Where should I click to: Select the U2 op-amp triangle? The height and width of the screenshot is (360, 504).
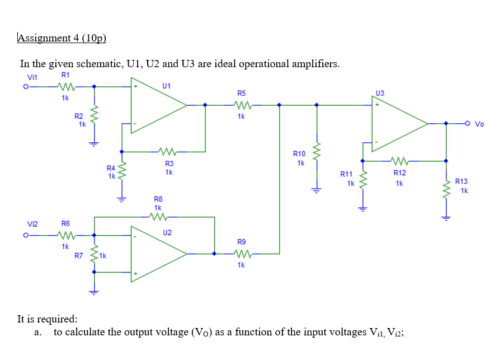pos(157,254)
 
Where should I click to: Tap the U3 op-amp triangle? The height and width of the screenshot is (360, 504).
pos(397,123)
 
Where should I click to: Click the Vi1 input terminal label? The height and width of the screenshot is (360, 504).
pos(32,77)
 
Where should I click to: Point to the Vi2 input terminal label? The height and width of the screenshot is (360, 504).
pos(32,224)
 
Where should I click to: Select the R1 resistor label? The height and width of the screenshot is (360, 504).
pos(65,74)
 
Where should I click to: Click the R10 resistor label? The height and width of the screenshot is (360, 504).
pos(299,153)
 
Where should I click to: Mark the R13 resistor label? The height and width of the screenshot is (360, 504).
pos(461,181)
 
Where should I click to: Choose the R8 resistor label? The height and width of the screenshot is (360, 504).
pos(158,199)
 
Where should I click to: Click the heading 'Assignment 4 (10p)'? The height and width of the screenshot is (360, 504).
pos(62,38)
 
